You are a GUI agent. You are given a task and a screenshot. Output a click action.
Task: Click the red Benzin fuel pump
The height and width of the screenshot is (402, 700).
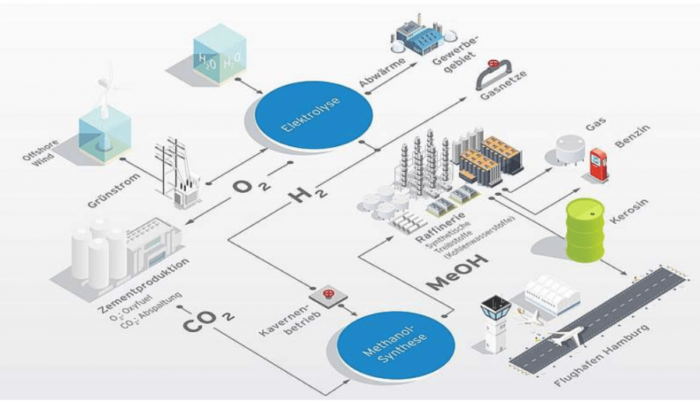click(x=597, y=164)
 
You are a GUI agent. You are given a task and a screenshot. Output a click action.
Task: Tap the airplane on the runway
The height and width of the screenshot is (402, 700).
click(x=563, y=337)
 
